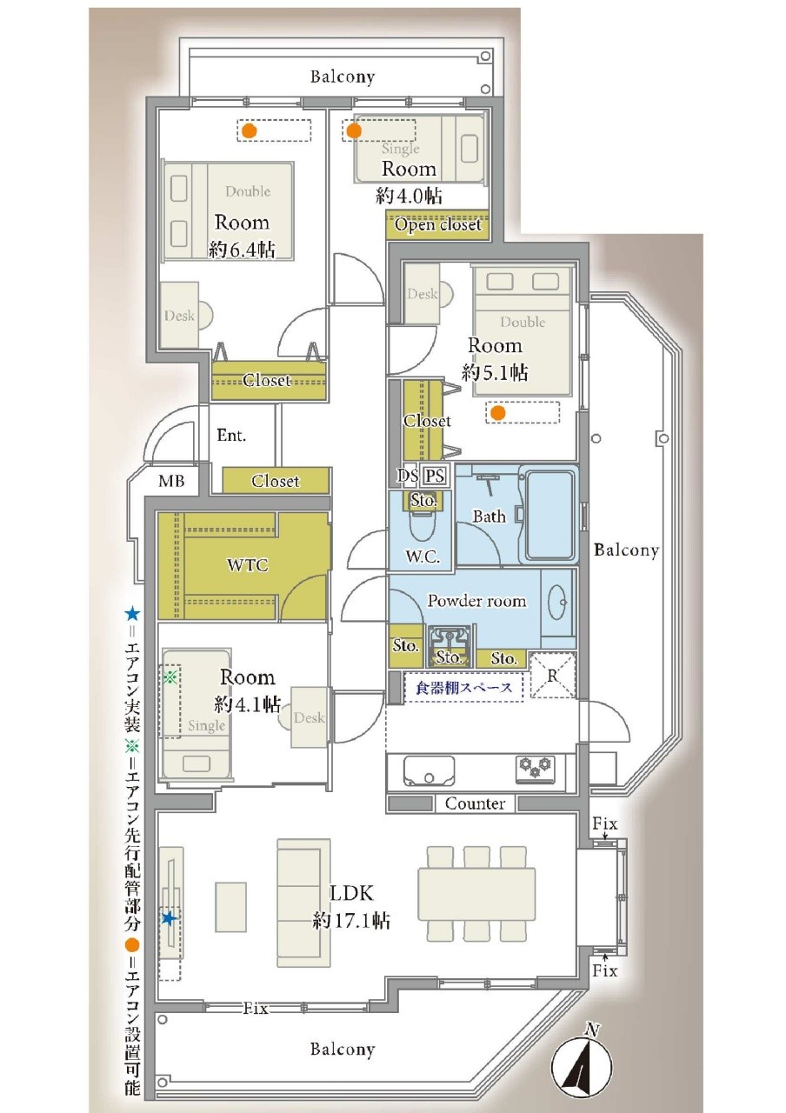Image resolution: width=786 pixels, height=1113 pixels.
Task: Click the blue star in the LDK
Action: [x=169, y=918]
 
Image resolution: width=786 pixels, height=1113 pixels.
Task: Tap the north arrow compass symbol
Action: [x=583, y=1065]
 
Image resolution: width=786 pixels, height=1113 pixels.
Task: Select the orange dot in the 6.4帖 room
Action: [x=249, y=131]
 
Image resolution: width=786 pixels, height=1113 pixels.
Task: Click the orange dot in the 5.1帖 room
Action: [x=498, y=412]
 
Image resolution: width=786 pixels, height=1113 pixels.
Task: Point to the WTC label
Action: [x=248, y=564]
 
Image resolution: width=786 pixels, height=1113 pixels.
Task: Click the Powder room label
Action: [x=476, y=601]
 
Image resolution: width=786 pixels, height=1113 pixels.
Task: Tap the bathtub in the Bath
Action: [x=549, y=515]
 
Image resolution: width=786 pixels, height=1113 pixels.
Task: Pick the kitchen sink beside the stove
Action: [x=429, y=770]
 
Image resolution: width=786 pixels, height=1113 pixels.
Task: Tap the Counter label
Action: [x=475, y=803]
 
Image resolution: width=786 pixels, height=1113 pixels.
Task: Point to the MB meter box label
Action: [x=171, y=481]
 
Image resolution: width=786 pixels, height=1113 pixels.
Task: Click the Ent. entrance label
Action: [x=231, y=436]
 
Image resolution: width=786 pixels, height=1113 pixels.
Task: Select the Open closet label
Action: [x=437, y=225]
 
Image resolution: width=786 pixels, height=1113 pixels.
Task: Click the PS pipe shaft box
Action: [x=435, y=476]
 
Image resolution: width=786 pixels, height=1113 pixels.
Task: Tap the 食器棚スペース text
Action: [x=464, y=688]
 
